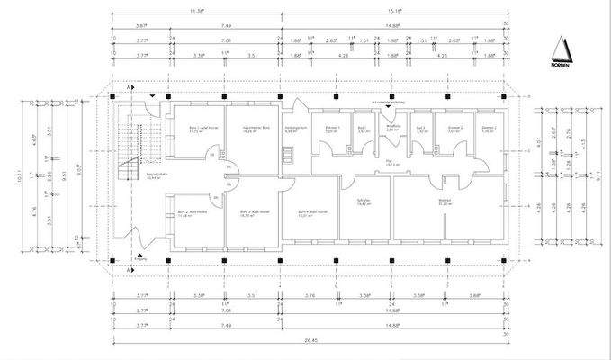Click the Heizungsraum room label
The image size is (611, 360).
click(x=296, y=129)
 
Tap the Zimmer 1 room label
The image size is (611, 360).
click(x=331, y=129)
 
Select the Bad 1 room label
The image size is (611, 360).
click(x=361, y=129)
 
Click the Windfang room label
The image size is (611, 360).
click(x=391, y=128)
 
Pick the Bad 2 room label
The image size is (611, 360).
click(x=421, y=129)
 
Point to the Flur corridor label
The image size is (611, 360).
click(x=391, y=164)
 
